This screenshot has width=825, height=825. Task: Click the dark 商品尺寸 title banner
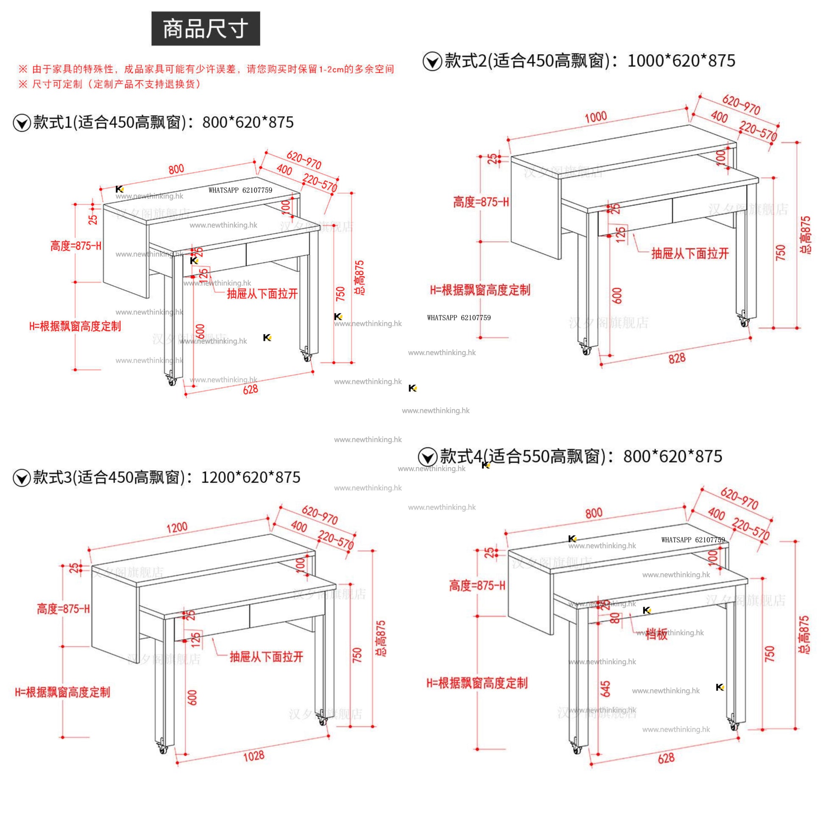205,28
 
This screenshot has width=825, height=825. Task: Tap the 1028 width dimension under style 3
254,756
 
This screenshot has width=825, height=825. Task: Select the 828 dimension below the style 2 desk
677,358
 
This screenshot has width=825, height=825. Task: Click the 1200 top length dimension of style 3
177,527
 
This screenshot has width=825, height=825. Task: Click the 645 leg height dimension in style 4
605,689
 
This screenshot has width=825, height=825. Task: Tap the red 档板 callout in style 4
656,635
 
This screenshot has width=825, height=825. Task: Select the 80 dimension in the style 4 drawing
614,618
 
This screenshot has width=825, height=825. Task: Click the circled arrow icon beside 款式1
22,123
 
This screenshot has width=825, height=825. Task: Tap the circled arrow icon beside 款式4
427,457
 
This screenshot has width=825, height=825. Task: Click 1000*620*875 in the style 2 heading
681,61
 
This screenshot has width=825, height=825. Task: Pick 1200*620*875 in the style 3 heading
251,477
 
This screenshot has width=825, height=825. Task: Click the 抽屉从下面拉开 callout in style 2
690,254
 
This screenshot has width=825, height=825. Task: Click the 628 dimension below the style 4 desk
666,758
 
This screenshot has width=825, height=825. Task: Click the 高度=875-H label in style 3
63,609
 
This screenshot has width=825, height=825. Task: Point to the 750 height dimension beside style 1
340,294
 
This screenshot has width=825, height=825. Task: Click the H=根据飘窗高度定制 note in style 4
477,683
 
